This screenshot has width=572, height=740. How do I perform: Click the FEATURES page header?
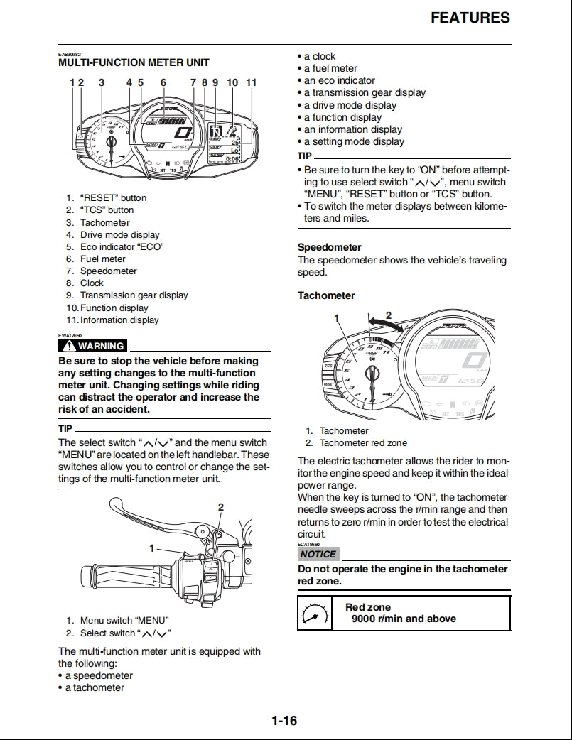click(470, 18)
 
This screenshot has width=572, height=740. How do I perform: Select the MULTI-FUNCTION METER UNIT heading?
click(134, 62)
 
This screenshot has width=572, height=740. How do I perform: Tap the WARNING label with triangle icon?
click(93, 346)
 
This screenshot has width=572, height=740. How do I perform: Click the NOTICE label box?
click(318, 554)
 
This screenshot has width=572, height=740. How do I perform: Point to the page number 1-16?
click(284, 721)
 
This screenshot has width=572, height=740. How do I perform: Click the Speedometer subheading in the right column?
click(329, 247)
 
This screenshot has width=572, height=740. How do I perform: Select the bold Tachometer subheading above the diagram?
click(326, 295)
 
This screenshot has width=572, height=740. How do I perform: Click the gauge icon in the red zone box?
click(315, 613)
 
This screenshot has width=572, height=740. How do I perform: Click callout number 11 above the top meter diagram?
click(251, 82)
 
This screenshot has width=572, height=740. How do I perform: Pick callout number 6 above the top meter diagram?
click(163, 82)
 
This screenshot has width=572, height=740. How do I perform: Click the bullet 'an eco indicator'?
click(339, 80)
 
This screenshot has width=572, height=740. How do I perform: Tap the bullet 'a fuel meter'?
click(330, 68)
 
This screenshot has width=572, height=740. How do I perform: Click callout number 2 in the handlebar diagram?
click(221, 506)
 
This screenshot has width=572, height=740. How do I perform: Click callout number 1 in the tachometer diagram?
click(337, 318)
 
